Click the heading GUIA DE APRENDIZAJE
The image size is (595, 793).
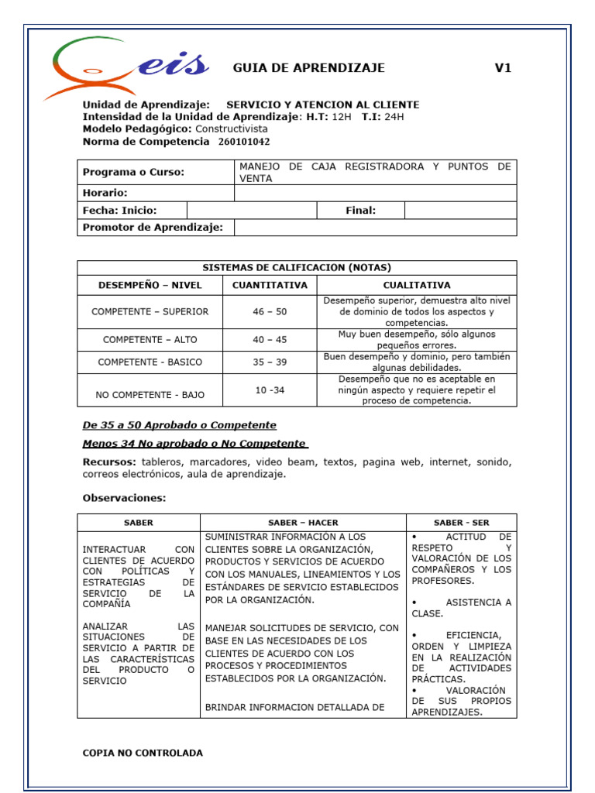[308, 68]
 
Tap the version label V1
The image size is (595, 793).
[503, 68]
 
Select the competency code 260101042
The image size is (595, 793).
[244, 142]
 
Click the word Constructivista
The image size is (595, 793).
[232, 129]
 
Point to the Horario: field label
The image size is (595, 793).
[105, 193]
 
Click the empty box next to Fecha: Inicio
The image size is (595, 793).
[252, 210]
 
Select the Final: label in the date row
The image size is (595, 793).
[360, 210]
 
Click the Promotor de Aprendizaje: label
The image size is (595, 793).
[153, 227]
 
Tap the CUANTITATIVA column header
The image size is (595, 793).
[270, 285]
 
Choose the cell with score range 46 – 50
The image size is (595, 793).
[270, 311]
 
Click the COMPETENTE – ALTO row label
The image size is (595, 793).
[150, 339]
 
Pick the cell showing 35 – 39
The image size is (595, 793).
[270, 362]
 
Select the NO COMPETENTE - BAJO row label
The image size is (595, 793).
[150, 394]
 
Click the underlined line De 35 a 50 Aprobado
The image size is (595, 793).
[179, 425]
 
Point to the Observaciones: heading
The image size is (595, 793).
[124, 498]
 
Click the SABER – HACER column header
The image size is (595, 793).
[303, 523]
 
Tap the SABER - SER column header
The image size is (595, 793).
[461, 523]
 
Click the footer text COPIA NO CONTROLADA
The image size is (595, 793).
[143, 753]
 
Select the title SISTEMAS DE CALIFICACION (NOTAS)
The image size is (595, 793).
[297, 267]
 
